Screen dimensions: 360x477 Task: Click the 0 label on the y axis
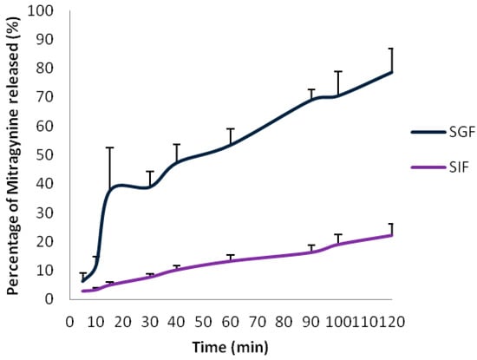point(55,299)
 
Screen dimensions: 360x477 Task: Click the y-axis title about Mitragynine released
point(15,156)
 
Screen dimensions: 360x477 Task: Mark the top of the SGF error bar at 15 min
point(110,147)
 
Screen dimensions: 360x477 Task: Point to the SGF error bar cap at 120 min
point(391,49)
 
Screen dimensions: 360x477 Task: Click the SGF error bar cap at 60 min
point(231,128)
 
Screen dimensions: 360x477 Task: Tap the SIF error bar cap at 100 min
point(338,234)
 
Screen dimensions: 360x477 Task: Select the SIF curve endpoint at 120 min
point(392,235)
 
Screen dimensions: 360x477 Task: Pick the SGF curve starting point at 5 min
point(83,281)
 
